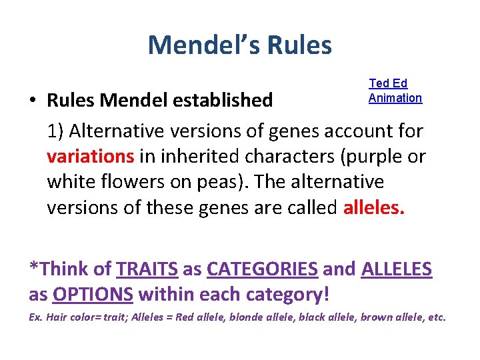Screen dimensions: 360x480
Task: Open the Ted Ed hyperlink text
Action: [x=388, y=83]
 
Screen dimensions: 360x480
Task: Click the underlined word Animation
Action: [x=395, y=98]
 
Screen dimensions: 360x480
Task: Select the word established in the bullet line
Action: [x=223, y=100]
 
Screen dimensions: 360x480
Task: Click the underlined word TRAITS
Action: [x=147, y=269]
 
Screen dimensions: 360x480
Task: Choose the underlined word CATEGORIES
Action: [x=262, y=269]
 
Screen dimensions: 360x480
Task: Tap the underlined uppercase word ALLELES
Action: [x=396, y=269]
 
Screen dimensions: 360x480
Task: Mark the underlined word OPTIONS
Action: [x=93, y=294]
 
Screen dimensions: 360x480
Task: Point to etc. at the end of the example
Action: [x=436, y=317]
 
